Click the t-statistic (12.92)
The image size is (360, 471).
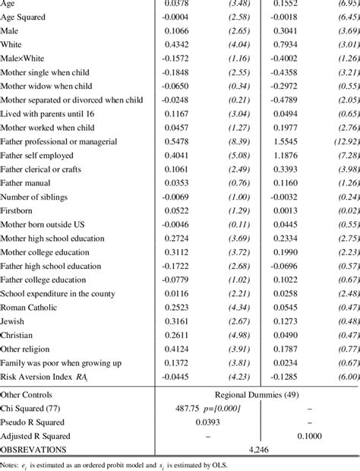342,142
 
